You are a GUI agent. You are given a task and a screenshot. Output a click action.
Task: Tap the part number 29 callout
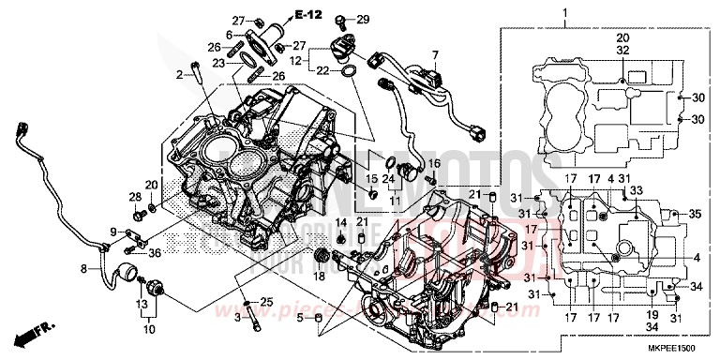[x=364, y=20]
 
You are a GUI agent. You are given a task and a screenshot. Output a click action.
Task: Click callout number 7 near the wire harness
[x=434, y=55]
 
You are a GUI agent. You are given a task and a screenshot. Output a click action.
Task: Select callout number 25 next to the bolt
[x=265, y=301]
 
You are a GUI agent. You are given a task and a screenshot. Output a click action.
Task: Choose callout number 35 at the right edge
[x=695, y=214]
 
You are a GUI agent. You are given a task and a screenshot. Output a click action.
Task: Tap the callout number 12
[x=296, y=61]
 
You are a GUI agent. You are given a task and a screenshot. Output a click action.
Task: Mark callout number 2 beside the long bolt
[x=177, y=73]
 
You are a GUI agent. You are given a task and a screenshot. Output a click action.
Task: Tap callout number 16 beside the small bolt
[x=433, y=163]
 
